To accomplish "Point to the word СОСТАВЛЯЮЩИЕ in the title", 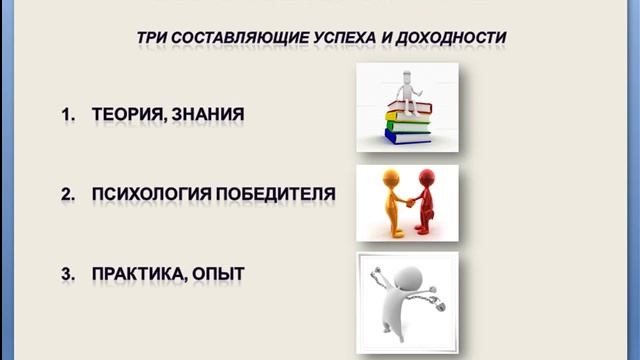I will (x=237, y=38).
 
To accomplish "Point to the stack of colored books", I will (x=407, y=124).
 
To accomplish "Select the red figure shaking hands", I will (x=428, y=200).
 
